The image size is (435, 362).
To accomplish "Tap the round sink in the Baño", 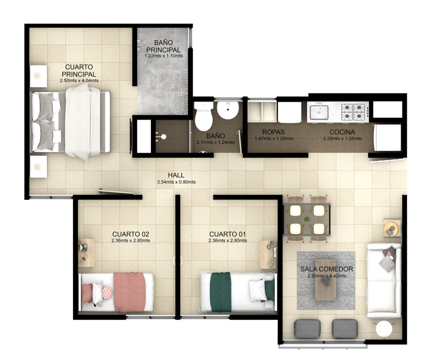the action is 228,110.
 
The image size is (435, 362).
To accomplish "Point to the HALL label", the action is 176,175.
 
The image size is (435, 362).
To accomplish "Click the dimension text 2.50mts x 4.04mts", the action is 79,81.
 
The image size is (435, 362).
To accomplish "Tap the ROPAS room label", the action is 274,132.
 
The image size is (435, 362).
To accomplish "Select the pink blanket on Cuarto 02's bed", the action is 130,292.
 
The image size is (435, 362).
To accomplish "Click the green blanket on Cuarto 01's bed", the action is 221,292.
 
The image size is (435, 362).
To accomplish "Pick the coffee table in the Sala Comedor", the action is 326,280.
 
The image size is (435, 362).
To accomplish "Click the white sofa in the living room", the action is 384,281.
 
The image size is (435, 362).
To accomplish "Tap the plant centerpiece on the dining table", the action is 307,219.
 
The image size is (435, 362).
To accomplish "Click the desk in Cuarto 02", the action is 86,253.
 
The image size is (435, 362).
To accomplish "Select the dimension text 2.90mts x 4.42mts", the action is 327,276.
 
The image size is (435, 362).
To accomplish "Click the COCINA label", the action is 342,132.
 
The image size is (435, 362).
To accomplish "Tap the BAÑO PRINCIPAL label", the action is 164,46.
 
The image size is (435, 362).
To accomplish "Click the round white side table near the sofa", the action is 384,329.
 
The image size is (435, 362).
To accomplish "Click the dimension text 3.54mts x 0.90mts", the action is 176,182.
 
